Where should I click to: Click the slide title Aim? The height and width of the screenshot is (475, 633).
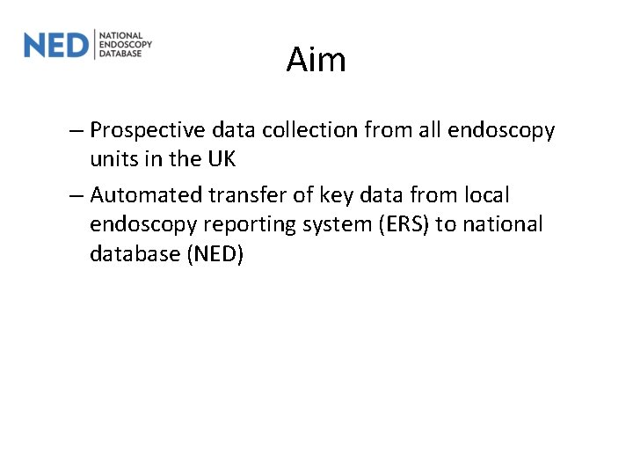click(x=316, y=61)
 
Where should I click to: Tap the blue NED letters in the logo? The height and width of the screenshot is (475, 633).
click(x=56, y=44)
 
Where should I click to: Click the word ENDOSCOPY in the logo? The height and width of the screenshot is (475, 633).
click(x=126, y=44)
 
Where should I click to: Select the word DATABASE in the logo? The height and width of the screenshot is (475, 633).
click(x=121, y=53)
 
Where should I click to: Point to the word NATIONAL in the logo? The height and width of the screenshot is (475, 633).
click(x=121, y=35)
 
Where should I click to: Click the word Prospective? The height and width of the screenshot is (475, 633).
click(x=147, y=131)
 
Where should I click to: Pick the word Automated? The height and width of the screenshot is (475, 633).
click(x=144, y=194)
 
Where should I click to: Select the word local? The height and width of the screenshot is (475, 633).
click(x=486, y=194)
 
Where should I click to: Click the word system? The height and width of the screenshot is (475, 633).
click(x=338, y=225)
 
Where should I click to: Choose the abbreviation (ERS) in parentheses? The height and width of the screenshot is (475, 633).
click(x=405, y=224)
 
